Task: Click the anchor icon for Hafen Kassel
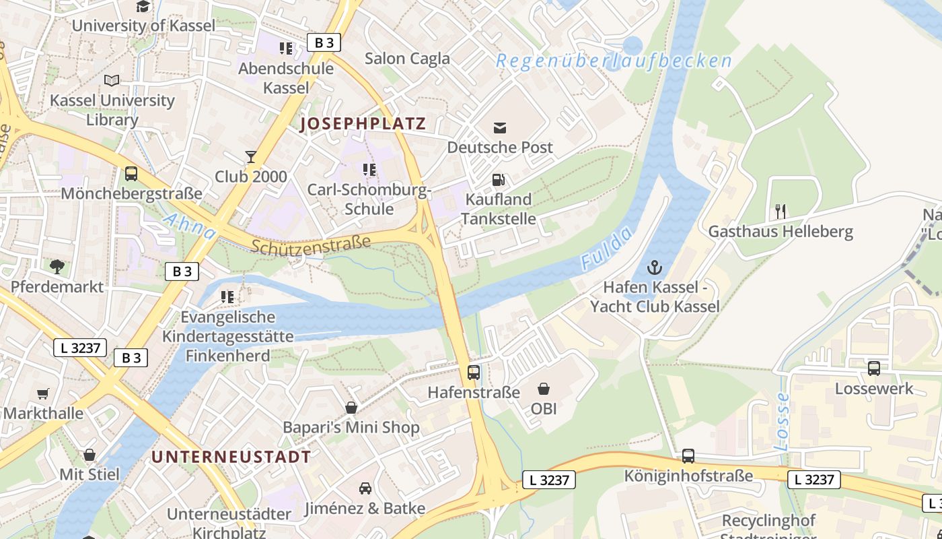(x=654, y=267)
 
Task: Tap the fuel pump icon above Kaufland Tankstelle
(x=499, y=179)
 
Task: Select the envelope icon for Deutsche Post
(x=500, y=127)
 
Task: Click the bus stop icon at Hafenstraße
(x=474, y=373)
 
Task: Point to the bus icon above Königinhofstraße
(x=688, y=456)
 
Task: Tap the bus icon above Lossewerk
(x=874, y=369)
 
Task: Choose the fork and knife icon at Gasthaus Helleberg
(x=781, y=212)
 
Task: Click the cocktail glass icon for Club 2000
(x=251, y=157)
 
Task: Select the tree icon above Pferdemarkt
(x=57, y=267)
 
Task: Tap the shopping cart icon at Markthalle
(x=43, y=393)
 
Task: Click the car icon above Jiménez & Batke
(x=365, y=488)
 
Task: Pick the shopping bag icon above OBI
(x=544, y=389)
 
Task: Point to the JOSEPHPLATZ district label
(x=363, y=124)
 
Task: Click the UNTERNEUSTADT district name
(x=231, y=457)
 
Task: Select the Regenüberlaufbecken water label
(x=614, y=61)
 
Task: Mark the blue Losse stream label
(x=781, y=422)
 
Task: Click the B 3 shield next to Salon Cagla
(x=324, y=43)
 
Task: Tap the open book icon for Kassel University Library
(x=112, y=80)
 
